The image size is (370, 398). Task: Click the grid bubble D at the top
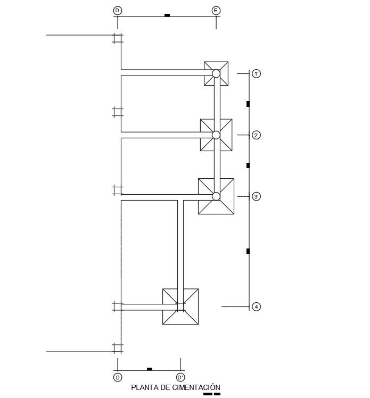117,10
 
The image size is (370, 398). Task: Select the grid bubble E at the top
216,10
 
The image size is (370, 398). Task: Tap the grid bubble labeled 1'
257,74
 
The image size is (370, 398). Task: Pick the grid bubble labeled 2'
257,136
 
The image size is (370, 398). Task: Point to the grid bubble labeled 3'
257,197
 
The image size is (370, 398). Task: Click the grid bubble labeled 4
257,307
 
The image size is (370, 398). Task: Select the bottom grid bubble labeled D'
180,377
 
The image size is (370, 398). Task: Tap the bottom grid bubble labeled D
117,377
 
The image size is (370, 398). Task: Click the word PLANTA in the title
142,388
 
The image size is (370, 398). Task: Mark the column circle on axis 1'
216,73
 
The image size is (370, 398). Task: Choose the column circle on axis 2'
216,135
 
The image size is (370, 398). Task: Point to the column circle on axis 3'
216,196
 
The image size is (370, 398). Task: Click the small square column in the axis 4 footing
180,307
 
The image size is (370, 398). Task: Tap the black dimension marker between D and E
167,15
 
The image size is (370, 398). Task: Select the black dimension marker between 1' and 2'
248,104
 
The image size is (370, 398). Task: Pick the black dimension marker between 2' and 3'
248,165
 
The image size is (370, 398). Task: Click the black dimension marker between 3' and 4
248,251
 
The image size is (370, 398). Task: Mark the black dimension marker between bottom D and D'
150,369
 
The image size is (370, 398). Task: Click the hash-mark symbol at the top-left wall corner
118,38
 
